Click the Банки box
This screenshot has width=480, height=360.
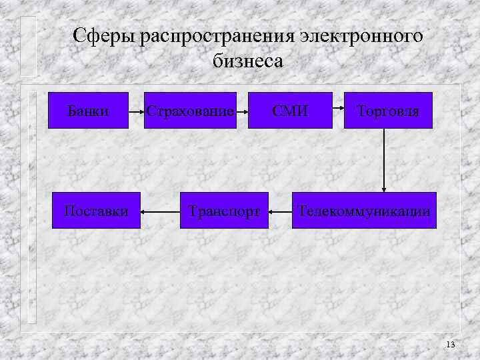[x=89, y=110]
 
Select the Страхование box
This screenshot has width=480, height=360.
[x=192, y=110]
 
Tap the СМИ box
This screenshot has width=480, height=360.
[x=290, y=110]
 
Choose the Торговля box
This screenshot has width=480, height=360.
[x=388, y=110]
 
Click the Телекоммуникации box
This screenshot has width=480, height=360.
[x=364, y=211]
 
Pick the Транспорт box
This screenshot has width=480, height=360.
[x=224, y=211]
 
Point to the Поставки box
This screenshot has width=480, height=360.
[x=97, y=211]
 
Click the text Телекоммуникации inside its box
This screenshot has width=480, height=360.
[x=364, y=211]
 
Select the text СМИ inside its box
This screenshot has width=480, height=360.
[x=290, y=110]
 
